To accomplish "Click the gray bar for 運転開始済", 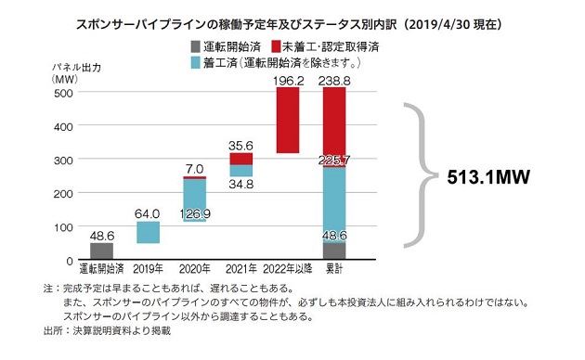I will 101,250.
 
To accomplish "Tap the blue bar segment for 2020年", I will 194,200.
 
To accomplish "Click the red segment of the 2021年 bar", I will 240,159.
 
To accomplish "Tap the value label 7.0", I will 194,168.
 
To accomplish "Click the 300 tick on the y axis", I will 70,160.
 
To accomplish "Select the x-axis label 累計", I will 333,269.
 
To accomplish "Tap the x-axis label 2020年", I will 194,269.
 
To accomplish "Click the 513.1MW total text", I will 491,176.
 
